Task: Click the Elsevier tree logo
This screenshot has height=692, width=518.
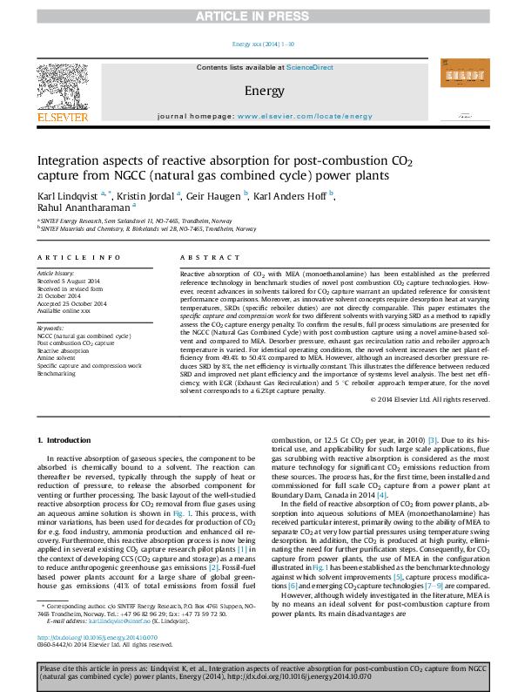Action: click(x=62, y=85)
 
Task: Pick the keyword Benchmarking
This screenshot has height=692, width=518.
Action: click(x=57, y=372)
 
